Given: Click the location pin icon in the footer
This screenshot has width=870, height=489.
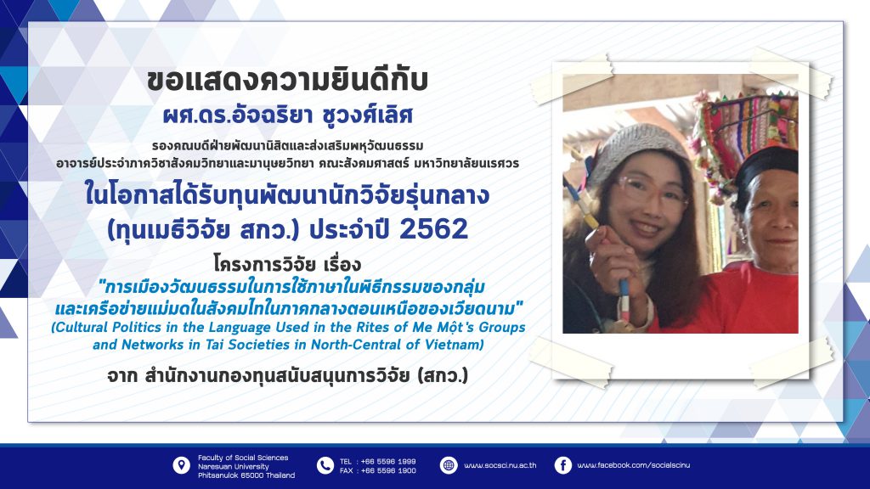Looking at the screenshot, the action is [x=181, y=466].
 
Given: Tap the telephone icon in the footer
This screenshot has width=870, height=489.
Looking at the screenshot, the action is [x=325, y=466].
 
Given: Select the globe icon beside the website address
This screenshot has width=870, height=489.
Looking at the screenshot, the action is [x=449, y=465].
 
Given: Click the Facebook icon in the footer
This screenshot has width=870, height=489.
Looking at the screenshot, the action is [x=562, y=465].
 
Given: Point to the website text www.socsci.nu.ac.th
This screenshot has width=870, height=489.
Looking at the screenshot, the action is [x=500, y=465].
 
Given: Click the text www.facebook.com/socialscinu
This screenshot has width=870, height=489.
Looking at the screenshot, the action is [x=634, y=465].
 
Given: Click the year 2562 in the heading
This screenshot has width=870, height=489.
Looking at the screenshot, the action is [x=434, y=229].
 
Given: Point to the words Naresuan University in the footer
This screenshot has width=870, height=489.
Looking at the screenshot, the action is [x=234, y=467].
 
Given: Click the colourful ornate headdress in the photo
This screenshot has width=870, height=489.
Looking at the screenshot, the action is [x=746, y=133].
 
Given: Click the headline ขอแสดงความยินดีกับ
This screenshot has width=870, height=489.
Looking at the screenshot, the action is [x=287, y=81].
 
